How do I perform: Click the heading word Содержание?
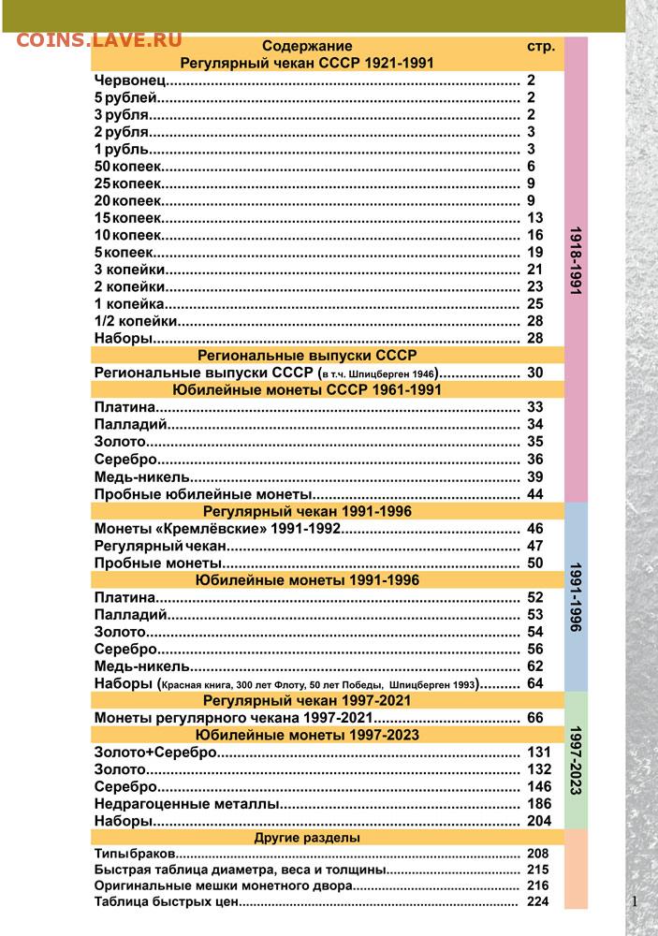(x=307, y=46)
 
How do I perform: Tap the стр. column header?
(x=541, y=46)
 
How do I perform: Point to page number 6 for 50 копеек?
(x=531, y=167)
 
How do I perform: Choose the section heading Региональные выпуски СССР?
(x=307, y=356)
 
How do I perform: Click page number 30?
(x=534, y=373)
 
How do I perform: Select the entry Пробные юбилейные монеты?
(x=201, y=493)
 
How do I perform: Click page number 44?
(x=534, y=493)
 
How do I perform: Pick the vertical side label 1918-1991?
(x=577, y=262)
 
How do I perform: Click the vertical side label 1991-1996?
(x=577, y=597)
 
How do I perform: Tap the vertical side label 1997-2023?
(x=577, y=759)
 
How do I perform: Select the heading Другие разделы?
(x=307, y=838)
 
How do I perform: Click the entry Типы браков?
(x=135, y=855)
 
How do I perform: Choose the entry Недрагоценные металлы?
(x=186, y=803)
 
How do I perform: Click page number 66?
(x=534, y=717)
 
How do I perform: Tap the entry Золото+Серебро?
(x=155, y=752)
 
